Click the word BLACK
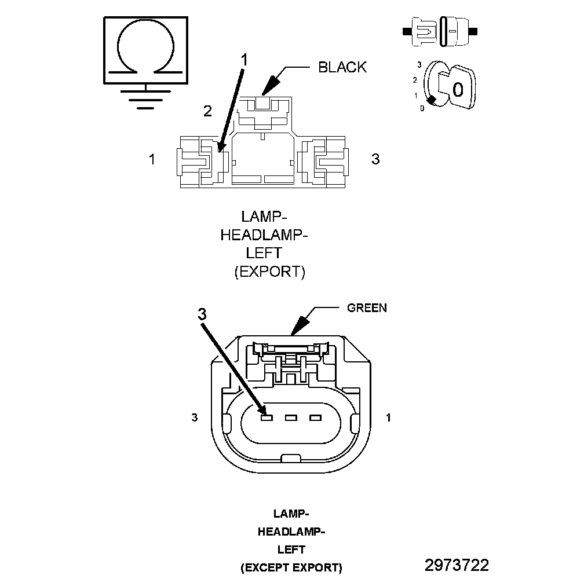pos(342,67)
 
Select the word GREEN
pos(367,307)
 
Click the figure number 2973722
pos(457,565)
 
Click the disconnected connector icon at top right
pos(440,32)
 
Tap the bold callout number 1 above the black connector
pos(244,60)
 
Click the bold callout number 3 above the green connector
pos(202,314)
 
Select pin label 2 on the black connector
pos(207,111)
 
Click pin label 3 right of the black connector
pos(375,159)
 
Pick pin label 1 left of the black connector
pos(152,159)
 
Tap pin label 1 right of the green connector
pos(388,417)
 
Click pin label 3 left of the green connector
pos(195,417)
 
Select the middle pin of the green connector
pos(291,418)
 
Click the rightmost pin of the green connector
pos(315,418)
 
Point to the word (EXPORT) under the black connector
pos(269,272)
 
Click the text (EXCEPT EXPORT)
pos(291,568)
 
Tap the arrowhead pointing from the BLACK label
pos(270,84)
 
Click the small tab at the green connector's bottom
pos(291,459)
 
